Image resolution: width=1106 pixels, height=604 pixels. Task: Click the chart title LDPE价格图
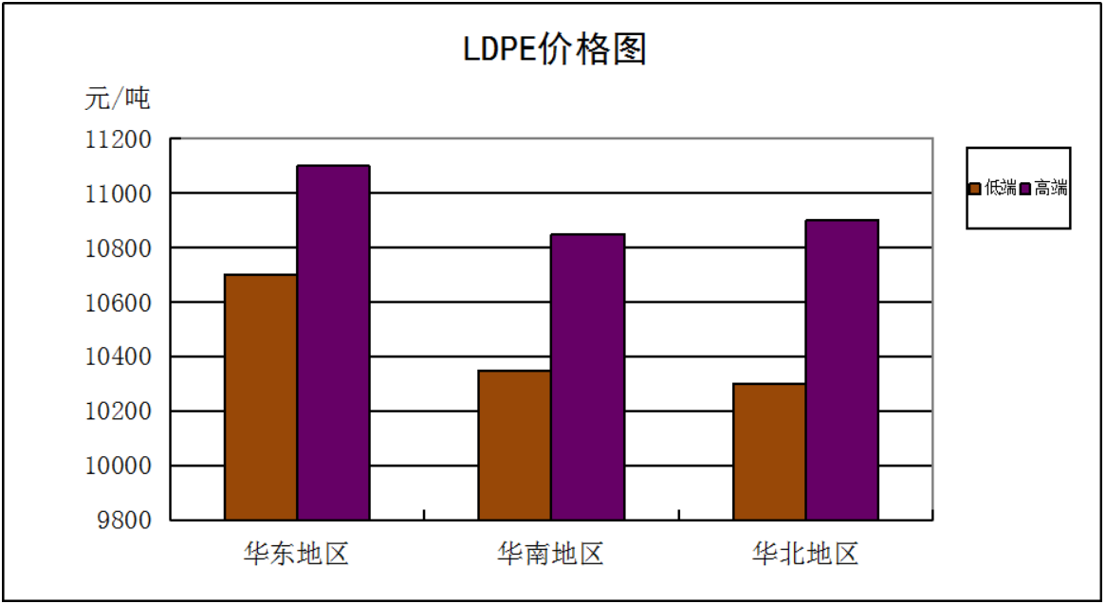click(x=554, y=49)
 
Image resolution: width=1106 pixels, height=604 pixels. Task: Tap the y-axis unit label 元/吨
click(x=117, y=98)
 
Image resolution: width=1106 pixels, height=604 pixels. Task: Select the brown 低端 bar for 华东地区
click(x=261, y=397)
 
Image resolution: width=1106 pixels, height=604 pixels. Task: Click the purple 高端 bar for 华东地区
click(x=333, y=342)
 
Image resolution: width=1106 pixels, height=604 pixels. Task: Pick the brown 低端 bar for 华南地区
click(x=514, y=445)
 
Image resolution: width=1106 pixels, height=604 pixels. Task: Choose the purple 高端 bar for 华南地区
click(x=587, y=376)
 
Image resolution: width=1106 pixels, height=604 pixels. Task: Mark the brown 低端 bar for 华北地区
click(x=769, y=451)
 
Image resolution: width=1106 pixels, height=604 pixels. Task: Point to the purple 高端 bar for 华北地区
click(x=841, y=370)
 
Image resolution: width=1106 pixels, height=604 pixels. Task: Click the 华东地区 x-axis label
click(x=297, y=554)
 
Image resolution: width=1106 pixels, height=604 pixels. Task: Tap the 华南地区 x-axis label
click(x=551, y=554)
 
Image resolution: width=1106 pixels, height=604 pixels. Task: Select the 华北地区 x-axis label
click(x=805, y=554)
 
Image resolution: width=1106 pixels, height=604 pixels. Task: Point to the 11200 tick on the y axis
click(x=118, y=140)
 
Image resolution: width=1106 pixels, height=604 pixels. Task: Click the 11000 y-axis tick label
click(x=118, y=194)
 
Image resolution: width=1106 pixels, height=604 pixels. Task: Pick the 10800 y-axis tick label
click(x=118, y=248)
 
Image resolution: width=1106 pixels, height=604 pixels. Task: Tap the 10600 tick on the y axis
click(x=118, y=303)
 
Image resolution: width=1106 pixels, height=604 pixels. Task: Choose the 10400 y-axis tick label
click(x=118, y=357)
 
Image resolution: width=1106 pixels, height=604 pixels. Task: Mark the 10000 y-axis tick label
click(x=118, y=467)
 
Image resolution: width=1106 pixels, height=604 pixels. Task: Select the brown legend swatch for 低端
click(x=975, y=189)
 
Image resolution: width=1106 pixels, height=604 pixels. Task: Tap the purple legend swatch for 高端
click(x=1024, y=189)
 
